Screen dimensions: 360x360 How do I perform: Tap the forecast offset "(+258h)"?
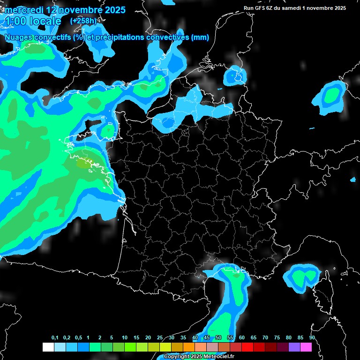coord(83,21)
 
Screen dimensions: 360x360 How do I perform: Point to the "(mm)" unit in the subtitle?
coord(200,37)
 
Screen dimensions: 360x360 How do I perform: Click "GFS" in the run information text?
coord(263,8)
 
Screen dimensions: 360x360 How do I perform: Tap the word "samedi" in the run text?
coord(297,8)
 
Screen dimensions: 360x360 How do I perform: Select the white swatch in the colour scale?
coord(48,347)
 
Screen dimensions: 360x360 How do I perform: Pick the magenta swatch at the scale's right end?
coord(306,347)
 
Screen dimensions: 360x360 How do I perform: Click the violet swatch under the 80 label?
coord(294,347)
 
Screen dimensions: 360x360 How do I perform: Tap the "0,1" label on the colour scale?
coord(55,338)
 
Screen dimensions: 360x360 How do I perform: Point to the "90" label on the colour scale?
coord(312,338)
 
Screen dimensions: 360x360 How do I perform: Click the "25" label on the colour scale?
coord(160,338)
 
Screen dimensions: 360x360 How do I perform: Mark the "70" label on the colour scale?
coord(265,338)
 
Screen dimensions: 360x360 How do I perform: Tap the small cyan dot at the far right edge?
coord(353,180)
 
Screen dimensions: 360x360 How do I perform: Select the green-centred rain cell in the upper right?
coord(332,97)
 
